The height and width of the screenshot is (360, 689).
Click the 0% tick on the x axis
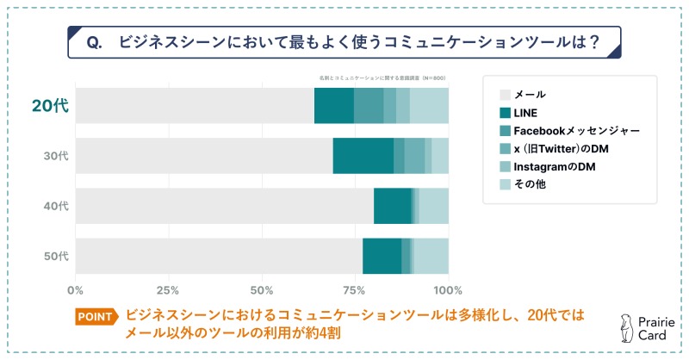click(x=76, y=289)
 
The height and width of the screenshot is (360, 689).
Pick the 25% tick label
click(x=168, y=289)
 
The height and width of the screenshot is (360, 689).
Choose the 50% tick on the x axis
click(x=262, y=289)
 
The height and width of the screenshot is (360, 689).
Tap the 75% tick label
click(x=355, y=289)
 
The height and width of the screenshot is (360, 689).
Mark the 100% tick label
click(x=448, y=289)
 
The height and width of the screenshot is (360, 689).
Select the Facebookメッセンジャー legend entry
click(x=575, y=130)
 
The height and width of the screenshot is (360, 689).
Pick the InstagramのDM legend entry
click(x=555, y=166)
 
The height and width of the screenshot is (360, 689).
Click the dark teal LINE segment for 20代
click(x=333, y=106)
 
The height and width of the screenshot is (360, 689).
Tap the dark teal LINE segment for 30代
click(x=363, y=156)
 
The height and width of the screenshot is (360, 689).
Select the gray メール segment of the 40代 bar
click(x=224, y=206)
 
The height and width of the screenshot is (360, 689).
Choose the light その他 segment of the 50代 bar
click(x=431, y=256)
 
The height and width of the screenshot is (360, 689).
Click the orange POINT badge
click(x=94, y=317)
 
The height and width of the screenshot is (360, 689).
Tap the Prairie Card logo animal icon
click(x=625, y=326)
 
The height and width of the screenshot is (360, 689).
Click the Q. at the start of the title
click(x=96, y=42)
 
